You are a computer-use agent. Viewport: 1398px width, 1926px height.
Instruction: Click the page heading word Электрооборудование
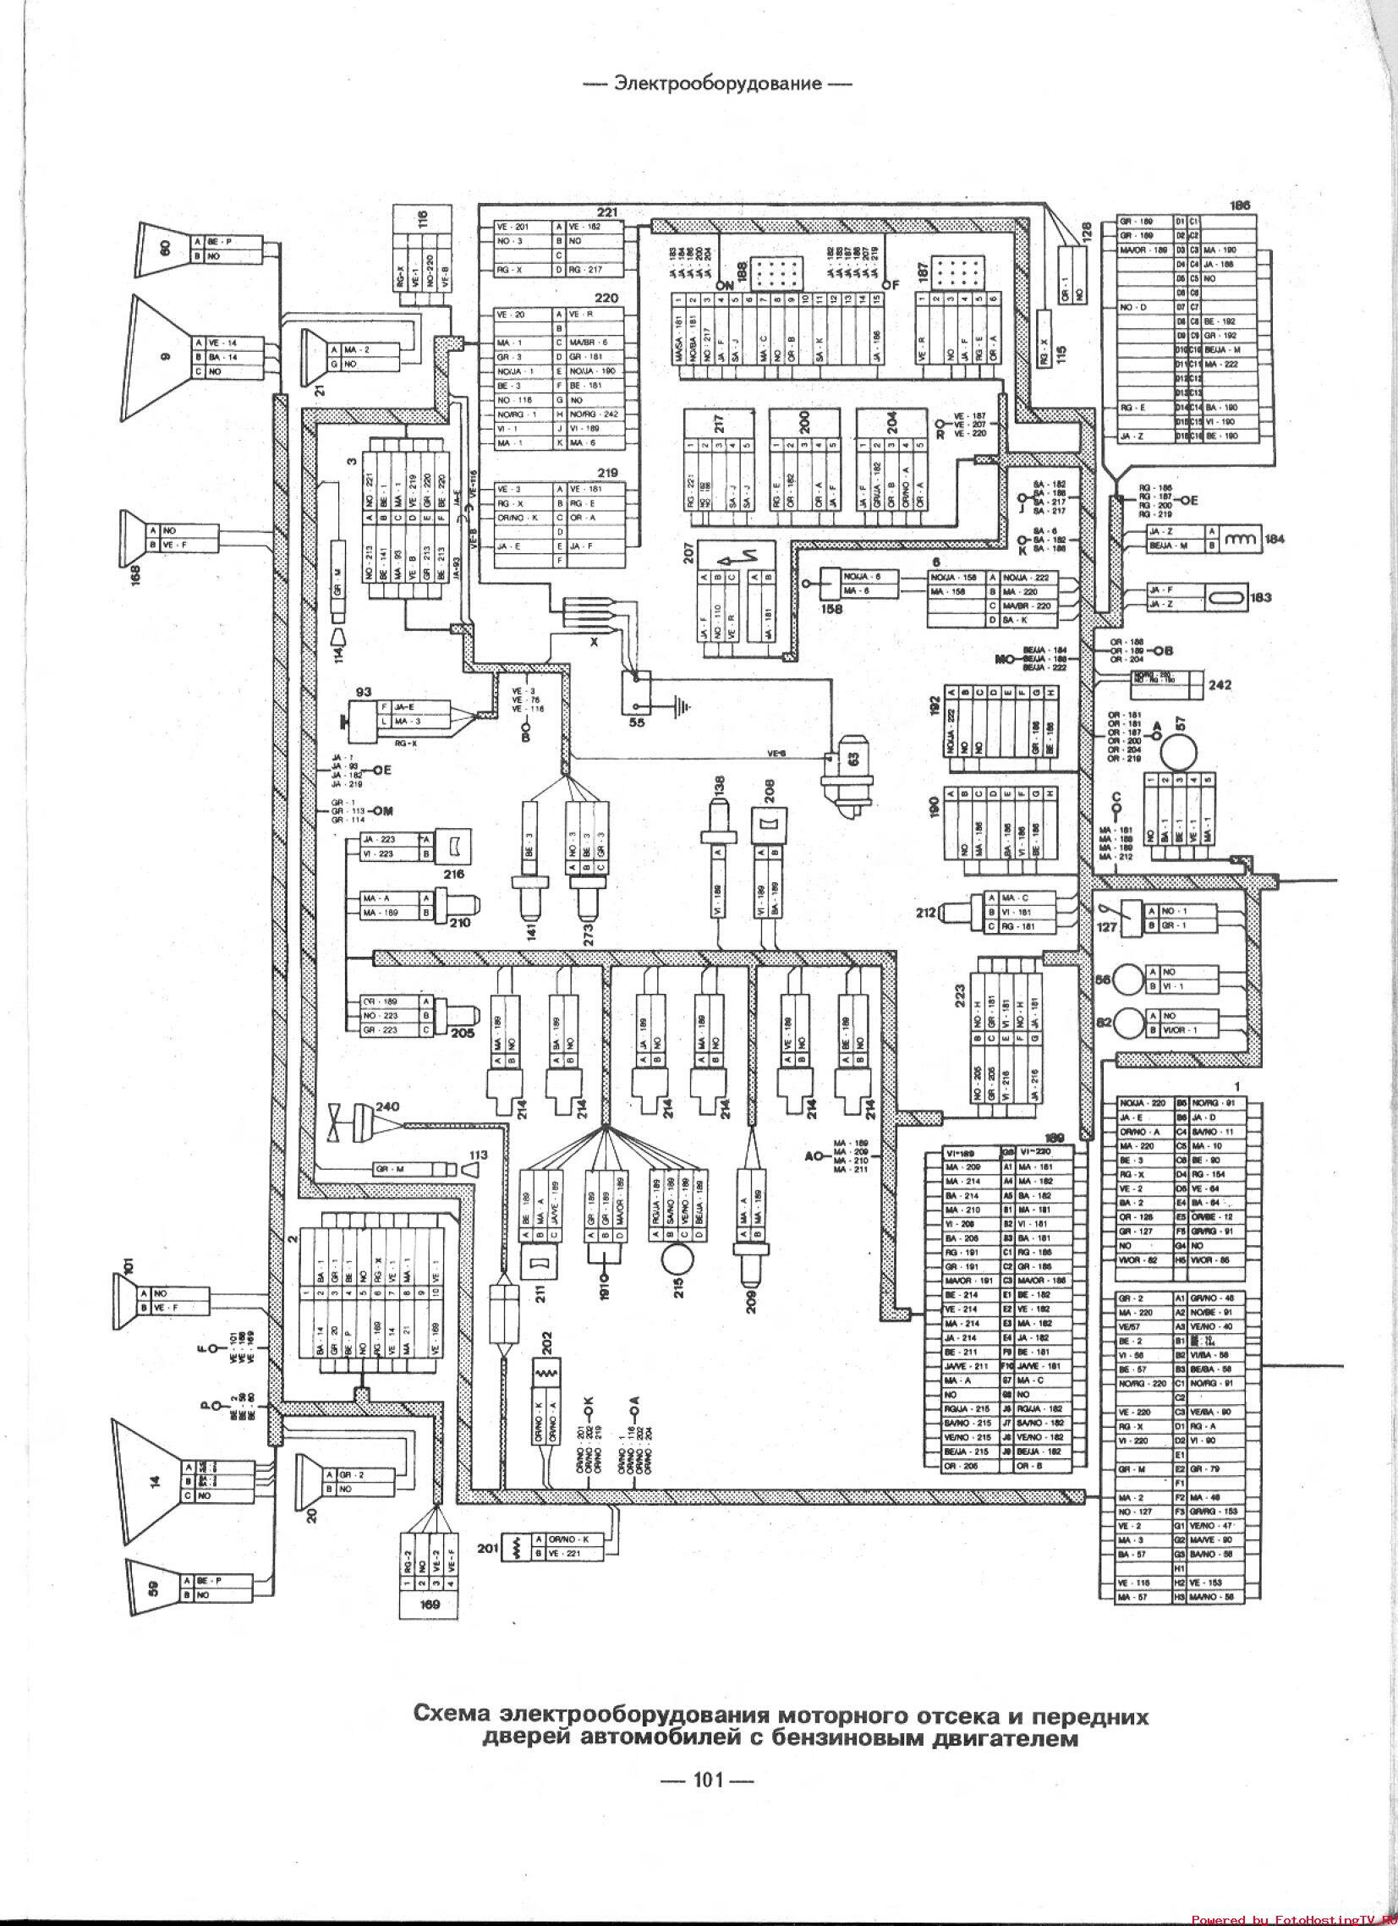pyautogui.click(x=719, y=83)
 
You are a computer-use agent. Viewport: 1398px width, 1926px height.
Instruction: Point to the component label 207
pyautogui.click(x=688, y=553)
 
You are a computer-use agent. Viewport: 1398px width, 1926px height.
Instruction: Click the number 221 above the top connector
pyautogui.click(x=606, y=212)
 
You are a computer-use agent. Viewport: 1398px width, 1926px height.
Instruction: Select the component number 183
pyautogui.click(x=1261, y=598)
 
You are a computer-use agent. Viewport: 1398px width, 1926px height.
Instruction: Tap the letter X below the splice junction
pyautogui.click(x=594, y=643)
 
